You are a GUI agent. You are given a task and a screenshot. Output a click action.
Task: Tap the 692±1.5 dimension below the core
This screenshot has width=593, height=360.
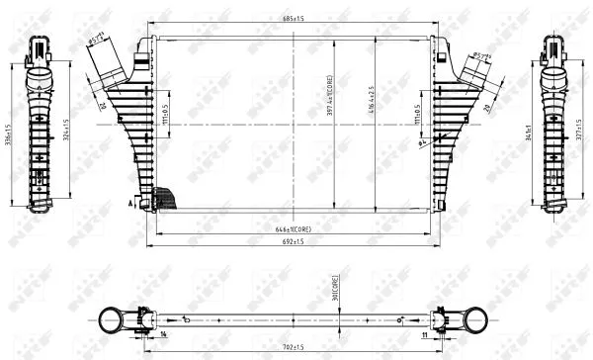coord(294,240)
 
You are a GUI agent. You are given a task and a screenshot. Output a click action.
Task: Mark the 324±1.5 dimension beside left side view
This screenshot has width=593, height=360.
coord(66,131)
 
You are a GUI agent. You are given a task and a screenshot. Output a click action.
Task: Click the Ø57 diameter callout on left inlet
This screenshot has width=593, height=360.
coord(98,41)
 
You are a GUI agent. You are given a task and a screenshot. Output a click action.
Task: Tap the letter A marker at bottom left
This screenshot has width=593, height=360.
coord(130,201)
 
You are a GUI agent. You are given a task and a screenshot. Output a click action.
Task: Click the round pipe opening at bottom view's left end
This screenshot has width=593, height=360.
coord(110,320)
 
